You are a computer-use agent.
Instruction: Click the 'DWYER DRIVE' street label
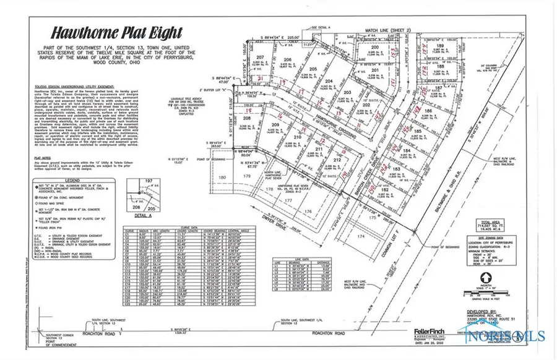coord(296,218)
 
